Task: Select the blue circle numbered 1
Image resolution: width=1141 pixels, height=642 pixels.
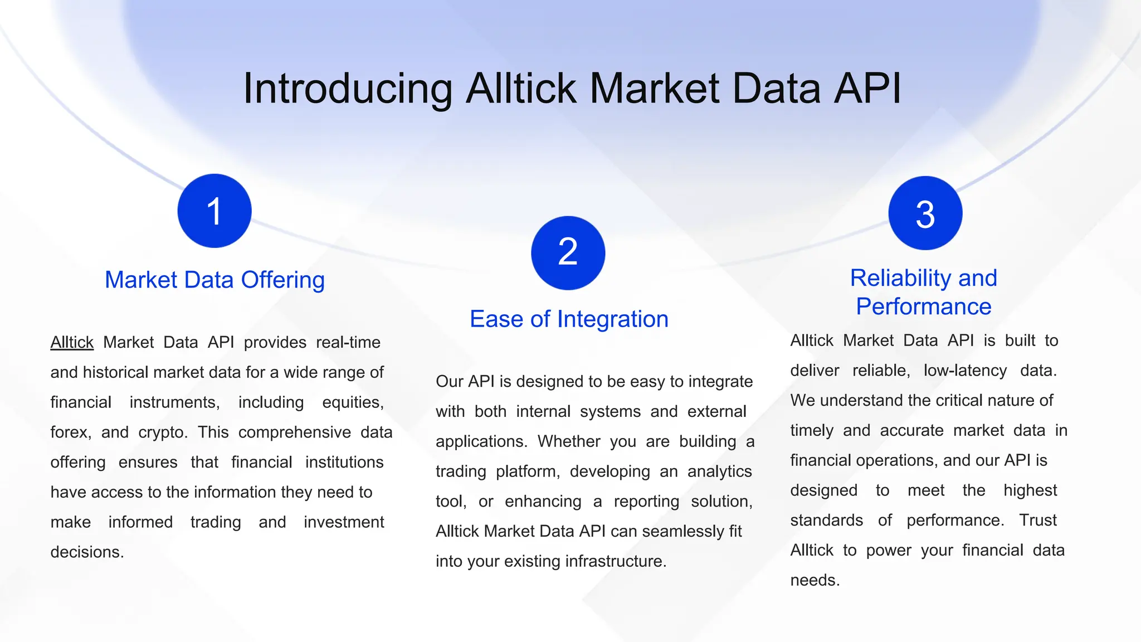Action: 214,211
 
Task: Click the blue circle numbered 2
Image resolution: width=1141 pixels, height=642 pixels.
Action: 568,252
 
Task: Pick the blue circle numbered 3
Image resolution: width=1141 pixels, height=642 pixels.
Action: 925,213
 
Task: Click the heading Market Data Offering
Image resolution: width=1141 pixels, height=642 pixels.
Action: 214,280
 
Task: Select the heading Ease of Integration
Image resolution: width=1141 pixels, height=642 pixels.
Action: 569,319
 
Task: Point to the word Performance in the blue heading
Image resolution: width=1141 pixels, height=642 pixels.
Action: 924,307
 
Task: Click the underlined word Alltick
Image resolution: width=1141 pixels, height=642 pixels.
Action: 72,342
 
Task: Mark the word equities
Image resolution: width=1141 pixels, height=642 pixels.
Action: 353,402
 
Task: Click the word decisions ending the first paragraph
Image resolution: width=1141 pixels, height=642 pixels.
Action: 86,552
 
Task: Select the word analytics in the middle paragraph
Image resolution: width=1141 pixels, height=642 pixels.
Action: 719,471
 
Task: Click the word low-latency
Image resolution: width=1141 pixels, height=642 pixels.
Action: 965,371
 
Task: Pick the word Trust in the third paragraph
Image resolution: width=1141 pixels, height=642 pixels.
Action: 1037,521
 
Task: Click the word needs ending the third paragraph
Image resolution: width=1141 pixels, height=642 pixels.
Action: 814,581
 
